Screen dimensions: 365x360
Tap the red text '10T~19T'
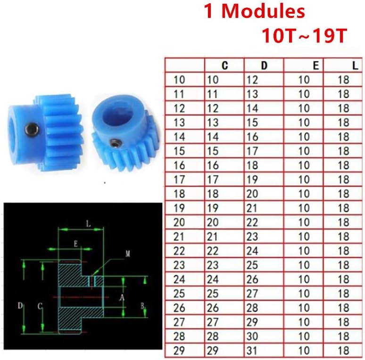(305, 36)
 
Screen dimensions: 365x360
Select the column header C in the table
(224, 65)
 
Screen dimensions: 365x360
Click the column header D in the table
(264, 65)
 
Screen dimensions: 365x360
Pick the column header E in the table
(315, 65)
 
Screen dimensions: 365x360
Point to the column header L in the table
(355, 65)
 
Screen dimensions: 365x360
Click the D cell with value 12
(252, 80)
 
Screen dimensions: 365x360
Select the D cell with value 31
(252, 351)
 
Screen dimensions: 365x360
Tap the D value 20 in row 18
(252, 194)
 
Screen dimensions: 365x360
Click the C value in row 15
(213, 151)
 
